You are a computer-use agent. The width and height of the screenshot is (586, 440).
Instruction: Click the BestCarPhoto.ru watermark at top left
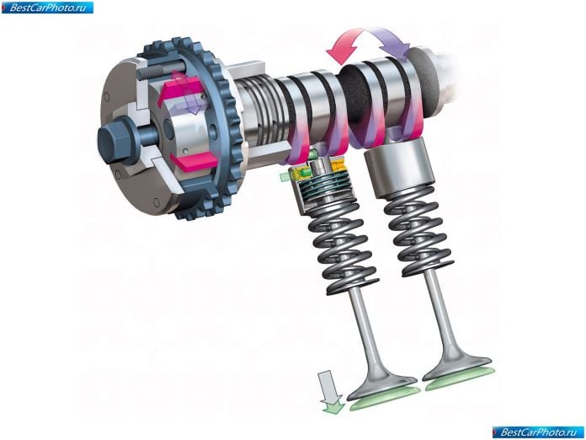(x=47, y=8)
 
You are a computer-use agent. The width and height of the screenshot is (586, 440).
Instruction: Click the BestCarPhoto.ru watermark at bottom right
(x=538, y=432)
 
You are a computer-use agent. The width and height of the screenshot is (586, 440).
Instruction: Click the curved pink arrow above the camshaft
(x=346, y=44)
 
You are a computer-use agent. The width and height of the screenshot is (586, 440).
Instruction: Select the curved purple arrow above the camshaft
(x=392, y=41)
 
